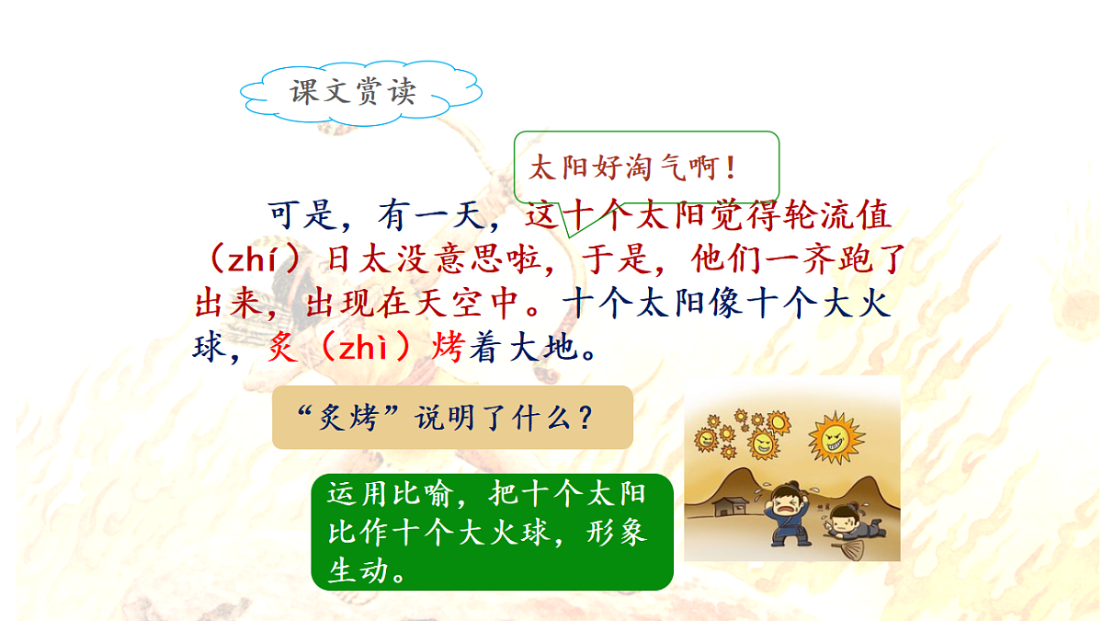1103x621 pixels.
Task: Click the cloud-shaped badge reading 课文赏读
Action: pos(354,92)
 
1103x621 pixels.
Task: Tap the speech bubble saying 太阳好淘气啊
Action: pos(645,167)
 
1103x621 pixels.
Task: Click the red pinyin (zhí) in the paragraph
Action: pos(247,259)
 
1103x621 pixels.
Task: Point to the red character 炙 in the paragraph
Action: pos(283,347)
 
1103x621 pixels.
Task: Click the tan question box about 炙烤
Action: pos(452,417)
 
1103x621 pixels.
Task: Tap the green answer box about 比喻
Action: pos(493,532)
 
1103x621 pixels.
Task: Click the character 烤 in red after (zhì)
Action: pos(448,347)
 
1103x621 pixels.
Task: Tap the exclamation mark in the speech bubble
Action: pos(731,168)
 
